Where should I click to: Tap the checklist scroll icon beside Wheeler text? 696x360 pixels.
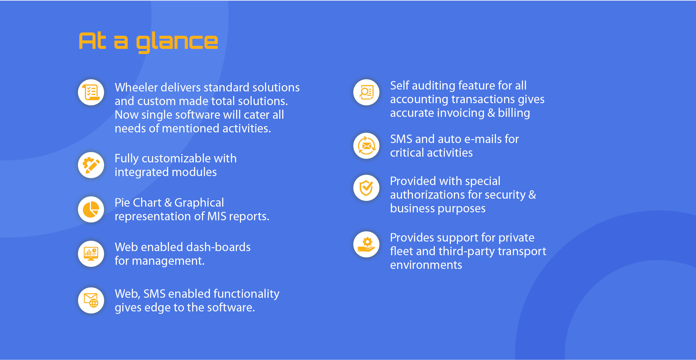click(91, 92)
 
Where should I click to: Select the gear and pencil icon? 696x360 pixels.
click(91, 165)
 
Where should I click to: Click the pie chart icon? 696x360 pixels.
click(91, 209)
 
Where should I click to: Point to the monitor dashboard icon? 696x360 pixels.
click(91, 254)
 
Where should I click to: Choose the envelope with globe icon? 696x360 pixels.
click(91, 300)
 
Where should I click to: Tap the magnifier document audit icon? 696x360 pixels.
click(366, 92)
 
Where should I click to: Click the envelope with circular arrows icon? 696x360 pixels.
click(366, 146)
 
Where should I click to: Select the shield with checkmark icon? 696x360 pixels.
click(366, 188)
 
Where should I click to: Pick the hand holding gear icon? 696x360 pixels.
click(366, 245)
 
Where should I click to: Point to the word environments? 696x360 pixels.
click(426, 265)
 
